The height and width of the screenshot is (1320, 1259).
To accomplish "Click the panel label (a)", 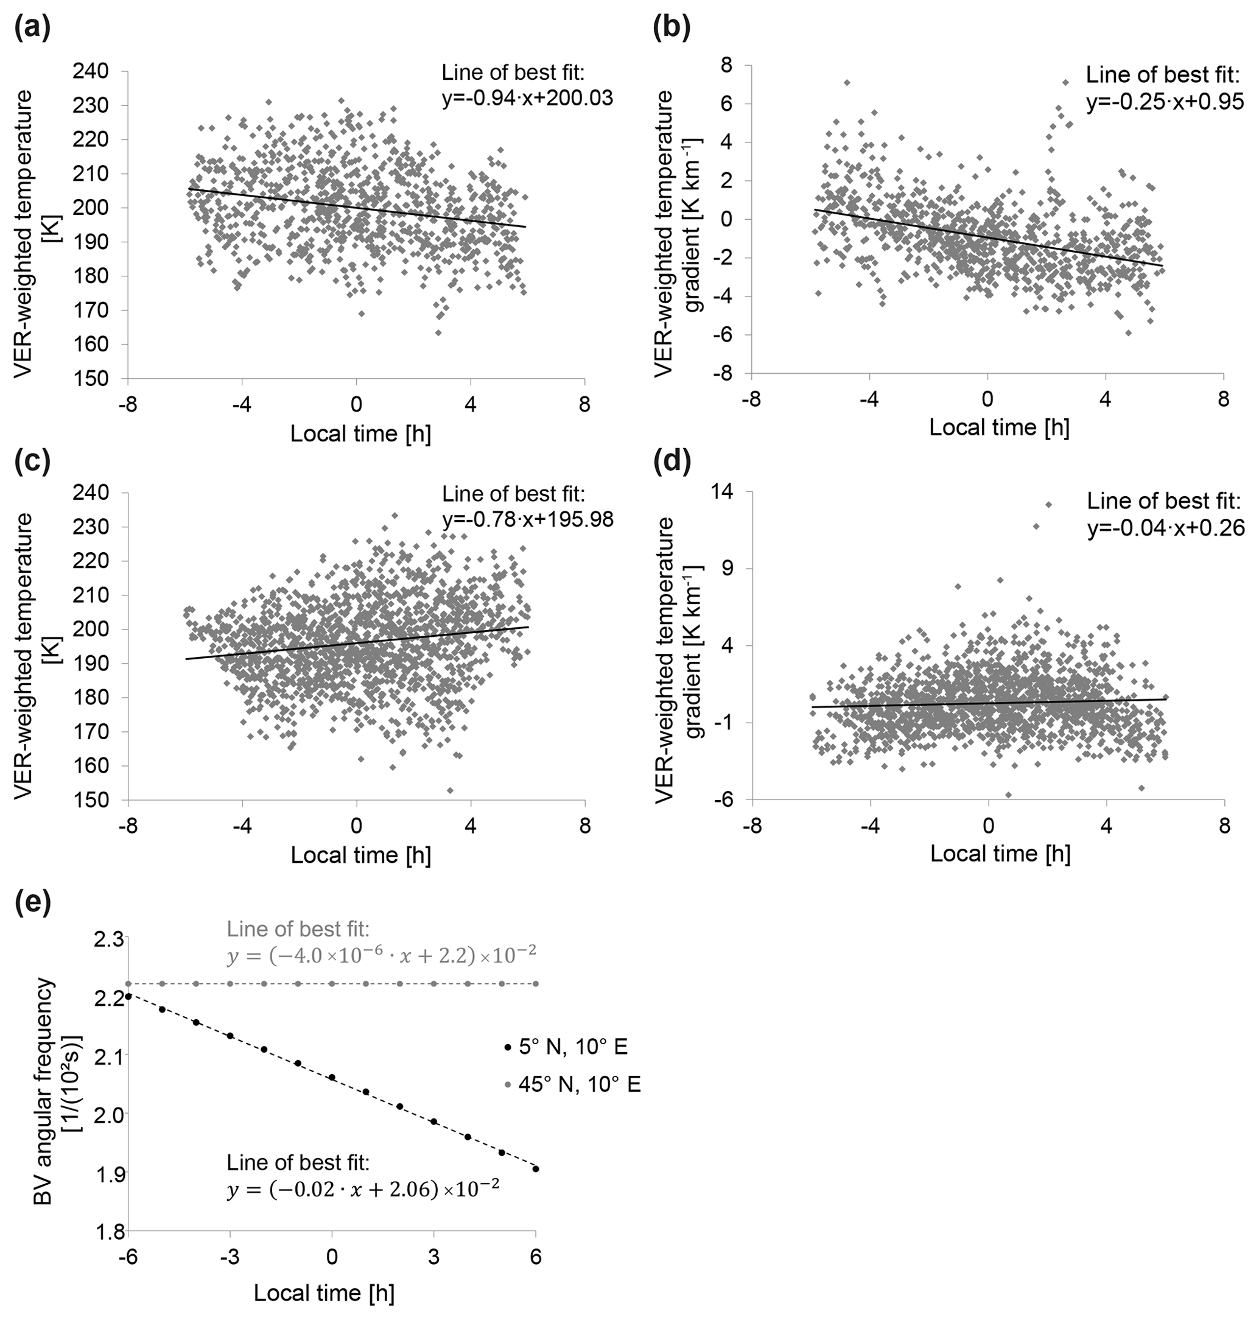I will point(32,30).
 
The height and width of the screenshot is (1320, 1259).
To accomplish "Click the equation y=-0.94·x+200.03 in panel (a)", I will point(527,99).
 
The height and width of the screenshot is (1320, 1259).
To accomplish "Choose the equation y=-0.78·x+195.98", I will point(527,520).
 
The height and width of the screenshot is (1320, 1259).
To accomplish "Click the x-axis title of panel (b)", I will point(998,427).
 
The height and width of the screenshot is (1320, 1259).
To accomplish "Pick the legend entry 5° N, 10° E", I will point(572,1046).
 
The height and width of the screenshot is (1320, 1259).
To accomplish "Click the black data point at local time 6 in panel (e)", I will point(536,1169).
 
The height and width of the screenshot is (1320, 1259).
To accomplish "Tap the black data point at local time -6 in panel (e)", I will point(128,996).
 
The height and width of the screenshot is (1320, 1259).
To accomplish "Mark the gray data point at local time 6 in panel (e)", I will point(536,984).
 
